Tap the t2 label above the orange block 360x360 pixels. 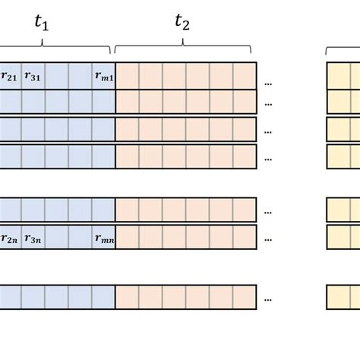(x=182, y=23)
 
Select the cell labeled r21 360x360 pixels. (x=10, y=75)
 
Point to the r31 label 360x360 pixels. (x=33, y=75)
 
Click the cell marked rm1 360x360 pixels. (x=103, y=75)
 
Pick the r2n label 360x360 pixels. (x=10, y=238)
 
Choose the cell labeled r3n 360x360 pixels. (x=33, y=238)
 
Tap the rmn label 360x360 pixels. (x=103, y=238)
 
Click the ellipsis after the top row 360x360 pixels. (x=269, y=77)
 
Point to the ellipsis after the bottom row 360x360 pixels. (x=269, y=298)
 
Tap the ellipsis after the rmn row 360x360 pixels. (x=269, y=238)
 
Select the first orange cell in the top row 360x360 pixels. (x=127, y=75)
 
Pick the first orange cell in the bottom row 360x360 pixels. (x=127, y=296)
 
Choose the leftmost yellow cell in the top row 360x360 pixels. (x=339, y=75)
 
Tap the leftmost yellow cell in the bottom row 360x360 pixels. (x=339, y=296)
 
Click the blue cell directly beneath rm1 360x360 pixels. (x=103, y=102)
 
